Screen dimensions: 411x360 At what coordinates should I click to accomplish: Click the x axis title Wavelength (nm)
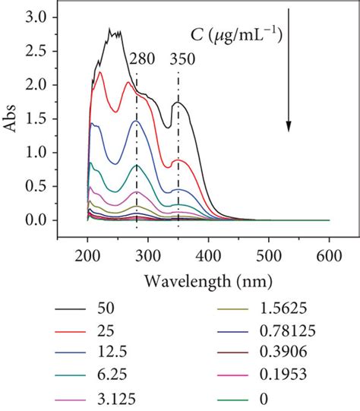(207, 280)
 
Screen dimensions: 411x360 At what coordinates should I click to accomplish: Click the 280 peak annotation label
(143, 59)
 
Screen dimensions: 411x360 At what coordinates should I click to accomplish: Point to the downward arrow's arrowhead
(289, 125)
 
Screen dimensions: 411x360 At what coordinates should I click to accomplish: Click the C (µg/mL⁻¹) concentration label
(235, 34)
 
